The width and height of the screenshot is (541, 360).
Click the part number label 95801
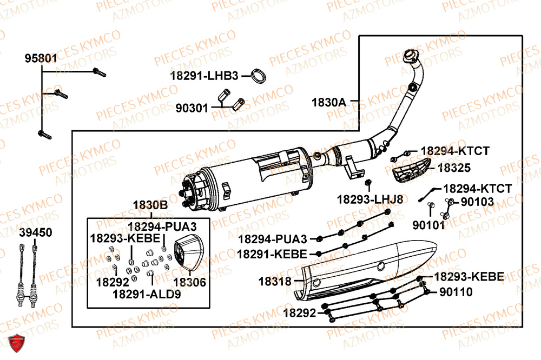[x=41, y=58]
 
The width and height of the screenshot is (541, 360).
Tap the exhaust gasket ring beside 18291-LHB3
[x=260, y=76]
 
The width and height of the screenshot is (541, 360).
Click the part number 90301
[x=192, y=108]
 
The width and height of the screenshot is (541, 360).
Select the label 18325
[x=453, y=168]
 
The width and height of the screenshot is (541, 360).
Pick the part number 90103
[x=477, y=202]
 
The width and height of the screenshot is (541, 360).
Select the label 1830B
[x=150, y=205]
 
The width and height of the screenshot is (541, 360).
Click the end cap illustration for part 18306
[x=186, y=252]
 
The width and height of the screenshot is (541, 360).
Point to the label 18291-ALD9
[x=147, y=294]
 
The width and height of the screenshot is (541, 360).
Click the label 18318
[x=275, y=281]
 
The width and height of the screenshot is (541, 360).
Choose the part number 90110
[x=456, y=292]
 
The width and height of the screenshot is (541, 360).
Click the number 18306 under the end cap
[x=189, y=282]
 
